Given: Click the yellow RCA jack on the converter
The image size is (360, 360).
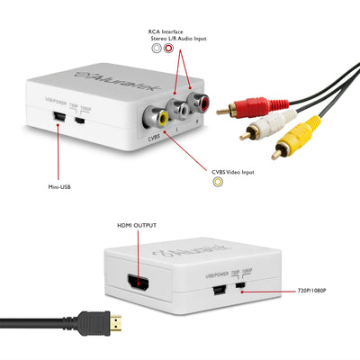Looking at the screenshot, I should click(159, 116).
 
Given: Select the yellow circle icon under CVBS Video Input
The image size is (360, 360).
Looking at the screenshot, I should click(217, 182).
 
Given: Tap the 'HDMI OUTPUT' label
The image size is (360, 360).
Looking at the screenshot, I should click(137, 226).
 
